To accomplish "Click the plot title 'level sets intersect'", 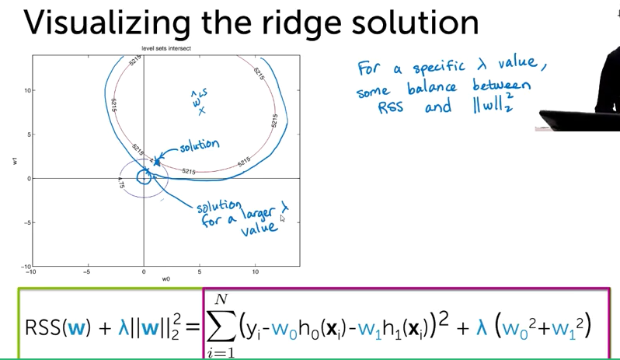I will click(165, 48).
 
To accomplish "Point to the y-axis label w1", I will click(13, 161).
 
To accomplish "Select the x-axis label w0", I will click(165, 278).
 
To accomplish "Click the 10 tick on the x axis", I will click(256, 271).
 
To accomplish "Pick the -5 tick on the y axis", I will click(24, 222).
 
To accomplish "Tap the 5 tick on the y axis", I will click(26, 135).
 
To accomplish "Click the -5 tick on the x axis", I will click(87, 271).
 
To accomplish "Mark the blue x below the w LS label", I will click(201, 110).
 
